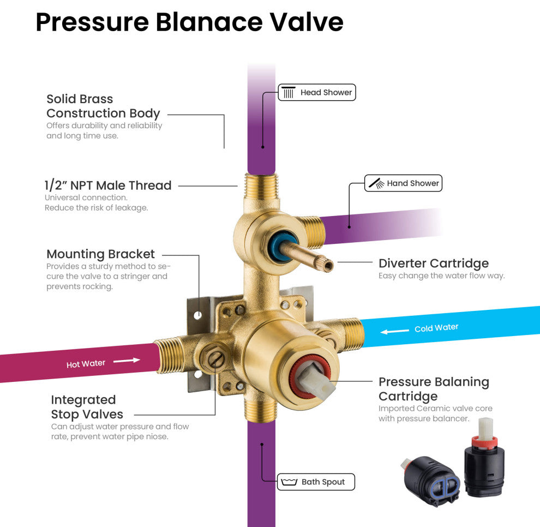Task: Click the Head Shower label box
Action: click(317, 93)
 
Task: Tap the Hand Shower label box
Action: click(403, 183)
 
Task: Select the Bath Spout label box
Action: click(316, 482)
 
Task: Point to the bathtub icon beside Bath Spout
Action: click(289, 482)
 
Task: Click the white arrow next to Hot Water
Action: click(127, 361)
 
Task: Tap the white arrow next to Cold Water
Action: click(394, 331)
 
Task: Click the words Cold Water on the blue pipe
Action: click(436, 328)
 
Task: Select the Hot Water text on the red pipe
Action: click(86, 364)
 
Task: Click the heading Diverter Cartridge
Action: click(434, 263)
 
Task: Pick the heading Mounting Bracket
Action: click(100, 254)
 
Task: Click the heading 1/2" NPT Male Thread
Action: click(108, 185)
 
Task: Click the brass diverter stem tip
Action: click(328, 265)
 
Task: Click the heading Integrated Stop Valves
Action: click(87, 407)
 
